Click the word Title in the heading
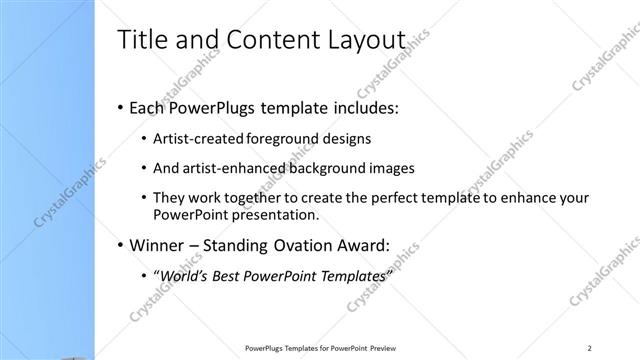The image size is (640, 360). [140, 40]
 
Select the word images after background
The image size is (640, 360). [393, 168]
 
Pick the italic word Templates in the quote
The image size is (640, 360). [350, 276]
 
